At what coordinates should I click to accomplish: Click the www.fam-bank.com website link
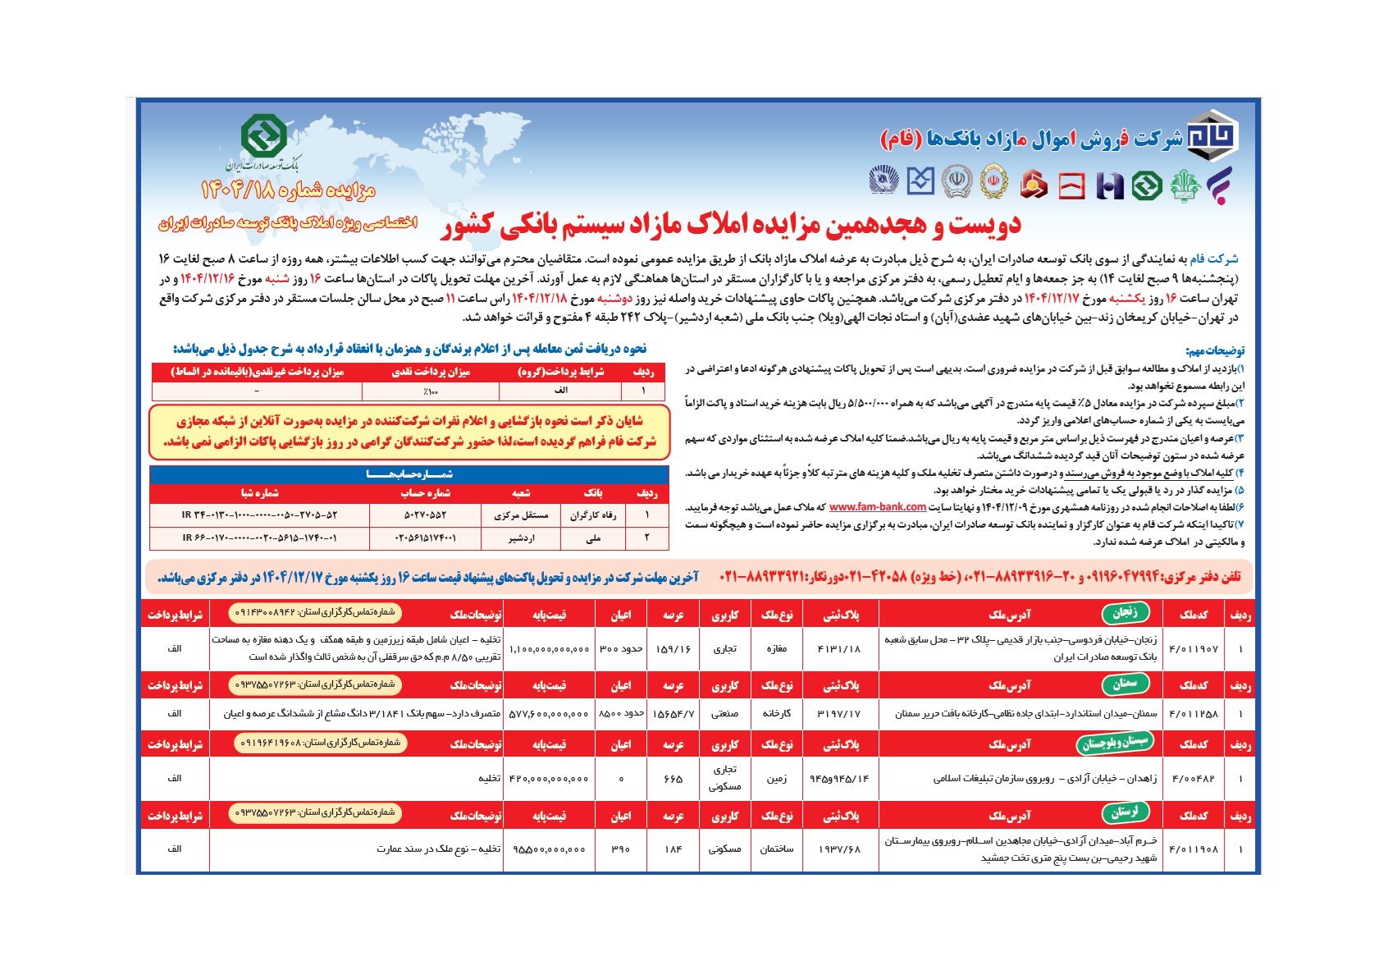(x=877, y=507)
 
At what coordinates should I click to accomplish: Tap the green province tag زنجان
(x=1125, y=612)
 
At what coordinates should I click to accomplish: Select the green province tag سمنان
(x=1125, y=684)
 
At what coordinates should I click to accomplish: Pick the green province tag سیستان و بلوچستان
(x=1114, y=743)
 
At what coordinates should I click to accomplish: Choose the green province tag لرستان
(x=1125, y=813)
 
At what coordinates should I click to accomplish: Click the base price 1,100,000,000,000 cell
(x=550, y=649)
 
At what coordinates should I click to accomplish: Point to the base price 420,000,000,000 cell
(x=550, y=778)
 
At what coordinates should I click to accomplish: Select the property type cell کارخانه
(x=776, y=714)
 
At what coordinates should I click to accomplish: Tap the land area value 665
(x=673, y=778)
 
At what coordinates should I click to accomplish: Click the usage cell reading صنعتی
(x=724, y=714)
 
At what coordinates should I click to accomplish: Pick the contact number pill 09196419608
(x=320, y=743)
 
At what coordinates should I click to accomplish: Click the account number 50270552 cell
(x=426, y=515)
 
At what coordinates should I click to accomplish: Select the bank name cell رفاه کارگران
(x=592, y=515)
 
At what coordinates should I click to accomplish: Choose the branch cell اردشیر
(x=521, y=538)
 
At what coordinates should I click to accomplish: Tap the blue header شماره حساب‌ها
(x=409, y=474)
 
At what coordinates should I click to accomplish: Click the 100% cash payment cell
(x=431, y=392)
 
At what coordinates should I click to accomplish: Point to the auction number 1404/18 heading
(x=288, y=191)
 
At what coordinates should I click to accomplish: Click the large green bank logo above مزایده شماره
(x=263, y=136)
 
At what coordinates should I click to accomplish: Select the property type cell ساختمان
(x=776, y=849)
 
